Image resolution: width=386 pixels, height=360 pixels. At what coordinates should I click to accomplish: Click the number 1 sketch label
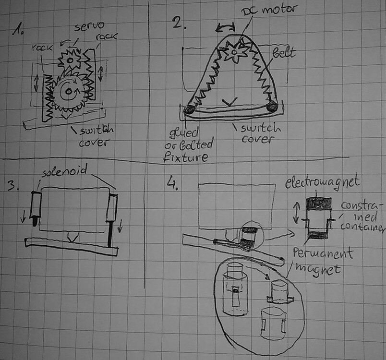point(19,32)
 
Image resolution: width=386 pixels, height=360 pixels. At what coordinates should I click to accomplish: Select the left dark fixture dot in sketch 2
point(189,109)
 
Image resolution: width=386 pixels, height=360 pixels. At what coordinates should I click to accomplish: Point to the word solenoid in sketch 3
point(61,172)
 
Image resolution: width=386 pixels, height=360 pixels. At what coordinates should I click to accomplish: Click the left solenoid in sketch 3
point(36,207)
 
